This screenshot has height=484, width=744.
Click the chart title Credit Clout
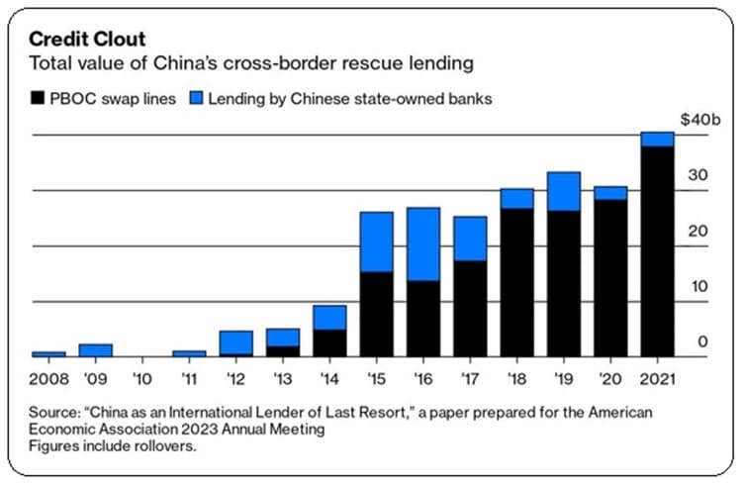(87, 40)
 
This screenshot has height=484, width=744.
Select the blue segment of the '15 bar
(376, 242)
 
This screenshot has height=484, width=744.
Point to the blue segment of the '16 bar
(423, 243)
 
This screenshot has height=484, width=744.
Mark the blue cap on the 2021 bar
(658, 139)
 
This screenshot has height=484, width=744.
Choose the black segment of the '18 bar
(516, 282)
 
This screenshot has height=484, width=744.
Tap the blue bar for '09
(96, 349)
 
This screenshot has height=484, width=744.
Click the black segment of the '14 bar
(329, 342)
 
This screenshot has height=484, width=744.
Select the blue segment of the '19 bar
(564, 191)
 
